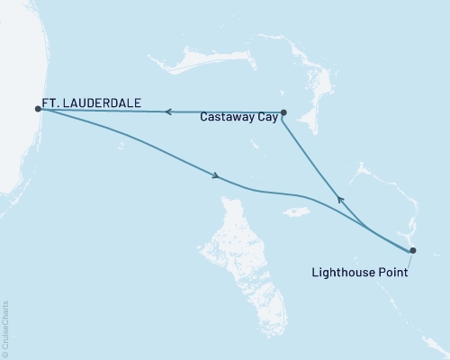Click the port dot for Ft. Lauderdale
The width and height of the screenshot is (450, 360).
click(38, 109)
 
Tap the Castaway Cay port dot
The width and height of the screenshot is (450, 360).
click(283, 112)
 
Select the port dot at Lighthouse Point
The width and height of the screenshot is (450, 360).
click(412, 250)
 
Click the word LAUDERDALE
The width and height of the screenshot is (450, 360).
click(104, 103)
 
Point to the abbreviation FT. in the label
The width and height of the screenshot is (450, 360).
click(52, 103)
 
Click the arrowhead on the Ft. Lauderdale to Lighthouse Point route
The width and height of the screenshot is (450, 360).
click(217, 176)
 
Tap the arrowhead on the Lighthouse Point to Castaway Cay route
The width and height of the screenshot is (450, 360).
click(338, 199)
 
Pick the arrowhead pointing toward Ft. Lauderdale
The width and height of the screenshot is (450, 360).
click(166, 112)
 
